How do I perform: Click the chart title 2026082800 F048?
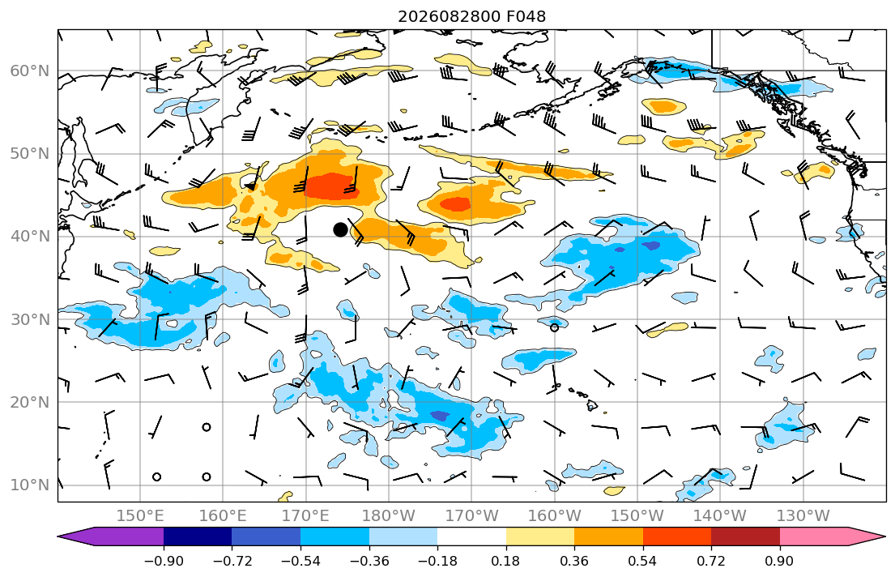click(x=471, y=16)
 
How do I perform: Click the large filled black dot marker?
click(x=340, y=229)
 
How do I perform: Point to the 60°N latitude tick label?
click(x=30, y=71)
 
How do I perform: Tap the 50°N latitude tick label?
click(x=30, y=154)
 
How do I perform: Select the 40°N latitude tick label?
click(x=30, y=237)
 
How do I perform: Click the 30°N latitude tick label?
click(x=30, y=319)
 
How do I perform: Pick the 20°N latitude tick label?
click(x=30, y=402)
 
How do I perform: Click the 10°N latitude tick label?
click(x=30, y=485)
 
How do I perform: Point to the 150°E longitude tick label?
click(x=140, y=516)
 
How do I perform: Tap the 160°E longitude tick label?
click(x=224, y=516)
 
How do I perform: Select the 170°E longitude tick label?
click(x=306, y=516)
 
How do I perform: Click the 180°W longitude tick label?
click(x=390, y=516)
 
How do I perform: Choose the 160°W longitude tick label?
click(x=555, y=516)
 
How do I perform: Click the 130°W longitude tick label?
click(x=803, y=516)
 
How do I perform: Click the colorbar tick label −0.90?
click(x=164, y=561)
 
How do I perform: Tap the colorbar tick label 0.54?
click(x=643, y=561)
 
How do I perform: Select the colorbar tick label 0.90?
click(x=780, y=561)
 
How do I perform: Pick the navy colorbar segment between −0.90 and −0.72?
click(x=198, y=536)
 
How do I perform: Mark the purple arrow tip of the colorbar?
click(x=58, y=536)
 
